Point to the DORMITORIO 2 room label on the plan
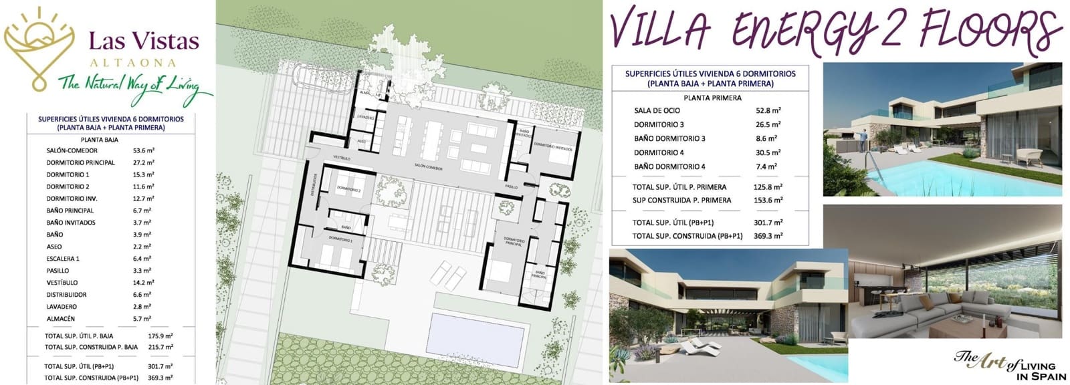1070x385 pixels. coord(349,190)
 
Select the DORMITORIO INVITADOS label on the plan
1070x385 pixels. coord(552,144)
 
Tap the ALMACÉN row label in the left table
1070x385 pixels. coord(61,319)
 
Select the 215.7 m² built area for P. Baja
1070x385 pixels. coord(160,347)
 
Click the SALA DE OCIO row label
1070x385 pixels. coord(657,111)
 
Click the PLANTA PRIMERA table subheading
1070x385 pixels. coord(712,98)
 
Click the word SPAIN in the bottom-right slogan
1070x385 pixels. coord(1041,376)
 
